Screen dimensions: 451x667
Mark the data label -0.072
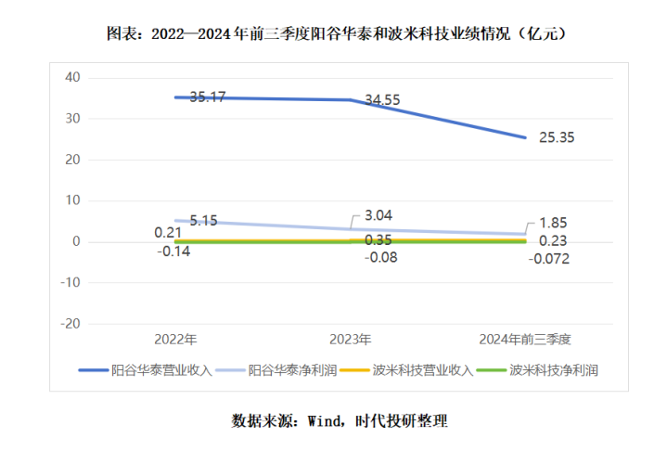point(547,258)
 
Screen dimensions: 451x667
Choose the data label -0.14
point(173,251)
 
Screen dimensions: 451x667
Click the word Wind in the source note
point(325,420)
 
